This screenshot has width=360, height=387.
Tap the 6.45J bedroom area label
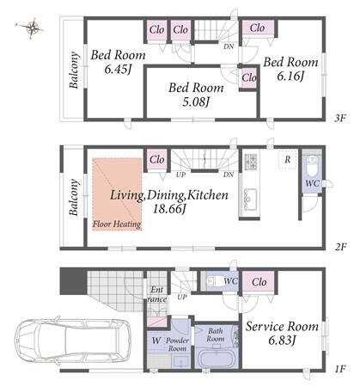click(118, 70)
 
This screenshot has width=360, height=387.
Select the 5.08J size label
click(196, 101)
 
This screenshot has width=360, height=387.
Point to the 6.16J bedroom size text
click(290, 76)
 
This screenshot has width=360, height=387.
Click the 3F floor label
click(340, 118)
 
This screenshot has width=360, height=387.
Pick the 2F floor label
click(341, 247)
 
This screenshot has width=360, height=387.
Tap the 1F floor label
click(340, 369)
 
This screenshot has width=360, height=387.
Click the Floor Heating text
click(117, 224)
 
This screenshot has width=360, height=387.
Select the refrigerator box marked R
click(288, 160)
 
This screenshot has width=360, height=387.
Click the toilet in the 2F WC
click(312, 166)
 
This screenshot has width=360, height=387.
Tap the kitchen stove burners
click(250, 161)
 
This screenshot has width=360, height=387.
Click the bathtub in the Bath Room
click(217, 359)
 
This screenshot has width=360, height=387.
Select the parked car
click(72, 339)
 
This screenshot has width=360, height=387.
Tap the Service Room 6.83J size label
click(282, 341)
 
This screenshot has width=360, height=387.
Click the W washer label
click(156, 341)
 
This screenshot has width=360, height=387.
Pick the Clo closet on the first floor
click(259, 282)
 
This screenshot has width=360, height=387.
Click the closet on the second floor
click(157, 160)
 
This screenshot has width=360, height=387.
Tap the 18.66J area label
click(169, 209)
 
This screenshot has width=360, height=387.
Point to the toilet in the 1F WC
click(212, 281)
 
